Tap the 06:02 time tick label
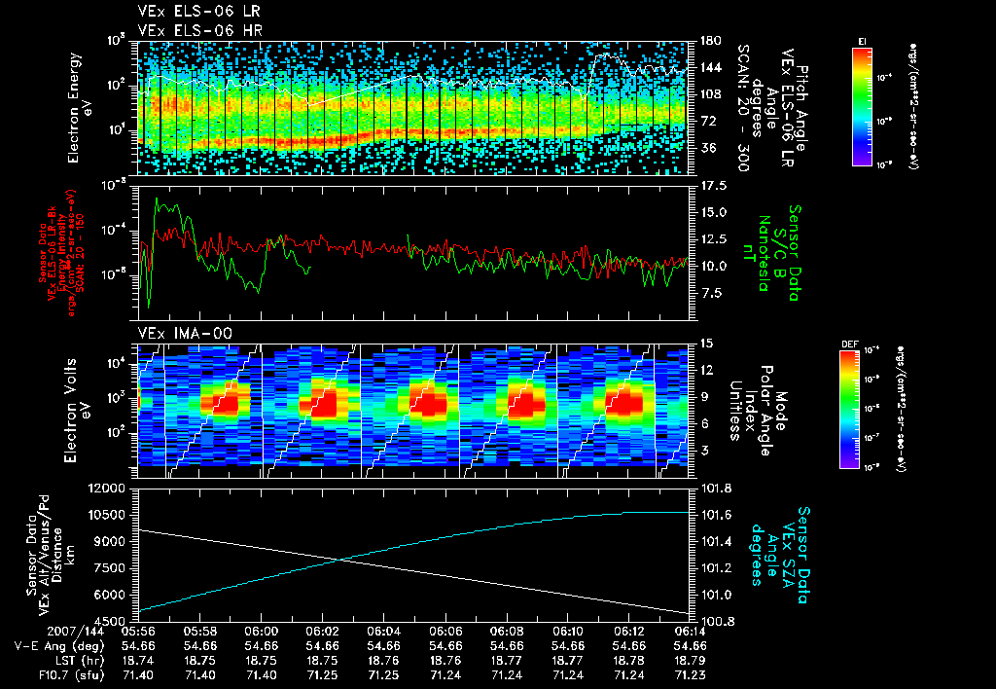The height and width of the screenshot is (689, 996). click(322, 631)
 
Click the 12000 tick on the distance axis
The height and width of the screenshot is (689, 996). click(109, 488)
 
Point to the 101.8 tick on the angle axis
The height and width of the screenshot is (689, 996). click(716, 488)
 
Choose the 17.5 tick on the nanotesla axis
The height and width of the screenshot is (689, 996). click(710, 185)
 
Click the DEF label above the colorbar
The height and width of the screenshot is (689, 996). click(846, 344)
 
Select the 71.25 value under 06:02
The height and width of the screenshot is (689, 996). click(322, 672)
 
